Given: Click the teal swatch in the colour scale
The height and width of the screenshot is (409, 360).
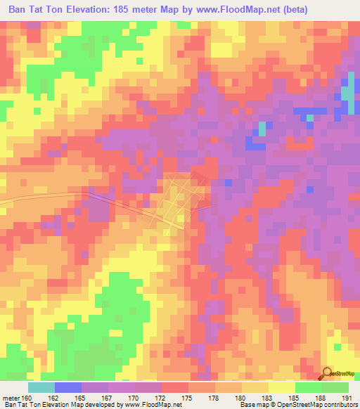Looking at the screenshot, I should click(x=41, y=387).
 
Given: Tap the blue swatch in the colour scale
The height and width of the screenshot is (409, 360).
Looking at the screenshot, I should click(x=67, y=387).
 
